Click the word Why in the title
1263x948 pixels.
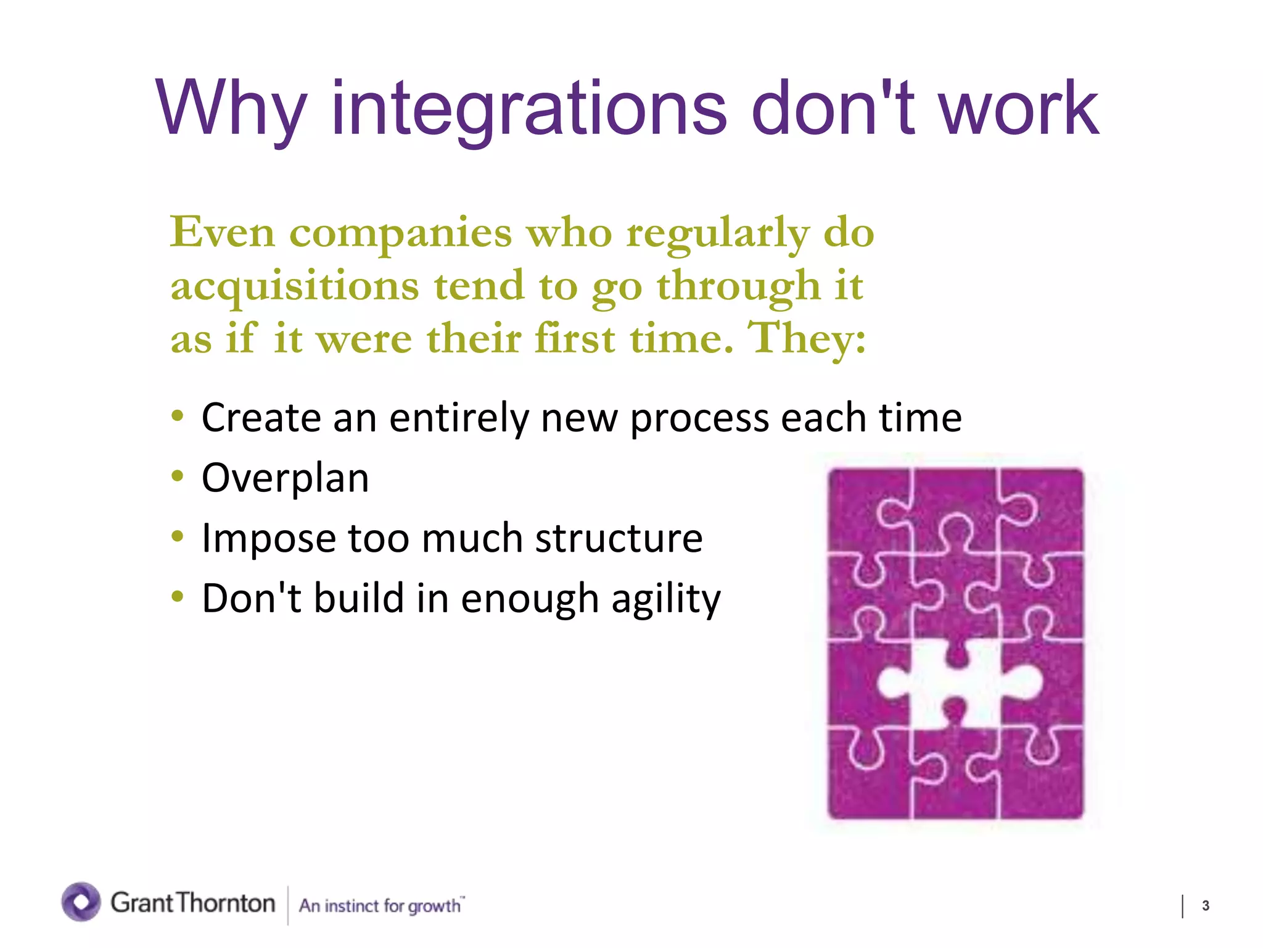(231, 109)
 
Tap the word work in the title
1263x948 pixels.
(1018, 109)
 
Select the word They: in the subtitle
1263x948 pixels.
(807, 338)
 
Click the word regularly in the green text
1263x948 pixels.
(718, 233)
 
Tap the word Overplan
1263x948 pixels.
(285, 478)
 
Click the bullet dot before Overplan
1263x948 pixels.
(178, 476)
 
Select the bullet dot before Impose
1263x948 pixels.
(178, 536)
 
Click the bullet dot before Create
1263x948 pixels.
(178, 416)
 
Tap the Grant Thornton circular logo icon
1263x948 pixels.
(81, 902)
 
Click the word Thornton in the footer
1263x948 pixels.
(226, 903)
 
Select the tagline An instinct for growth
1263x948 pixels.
(381, 905)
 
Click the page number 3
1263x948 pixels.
(1205, 905)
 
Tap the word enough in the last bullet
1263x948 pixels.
(530, 599)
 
